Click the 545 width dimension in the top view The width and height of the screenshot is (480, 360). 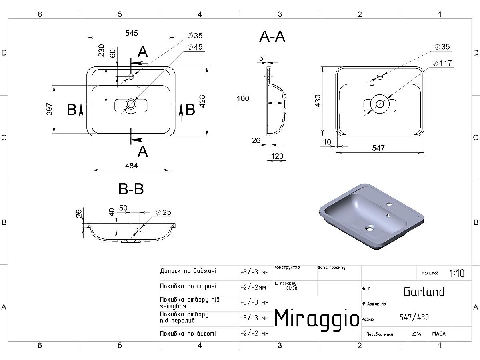coord(132,33)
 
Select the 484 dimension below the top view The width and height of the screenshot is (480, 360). coord(132,166)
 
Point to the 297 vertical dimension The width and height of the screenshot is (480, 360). coord(50,109)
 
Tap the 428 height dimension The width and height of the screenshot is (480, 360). coord(202,101)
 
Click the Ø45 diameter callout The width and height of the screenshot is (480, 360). coord(195,47)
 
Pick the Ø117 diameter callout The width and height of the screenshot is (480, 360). coord(442,63)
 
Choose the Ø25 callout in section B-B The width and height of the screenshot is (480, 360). coord(163,212)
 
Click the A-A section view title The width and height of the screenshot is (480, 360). coord(272,37)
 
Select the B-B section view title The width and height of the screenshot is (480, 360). coord(131,189)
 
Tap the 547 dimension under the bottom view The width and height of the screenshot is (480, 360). coord(378,148)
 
